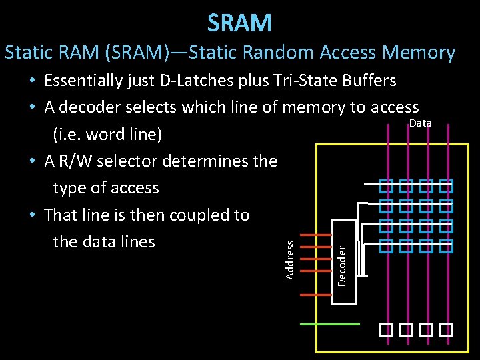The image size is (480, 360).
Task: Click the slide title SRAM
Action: [x=239, y=23]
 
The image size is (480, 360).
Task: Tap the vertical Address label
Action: [x=290, y=260]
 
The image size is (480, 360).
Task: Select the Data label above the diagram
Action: [x=420, y=123]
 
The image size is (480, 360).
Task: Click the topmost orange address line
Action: [x=317, y=235]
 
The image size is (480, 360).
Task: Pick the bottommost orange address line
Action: [x=317, y=294]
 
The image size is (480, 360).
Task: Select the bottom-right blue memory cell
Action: [x=447, y=247]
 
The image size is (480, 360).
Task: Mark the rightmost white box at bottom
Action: [x=447, y=329]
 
